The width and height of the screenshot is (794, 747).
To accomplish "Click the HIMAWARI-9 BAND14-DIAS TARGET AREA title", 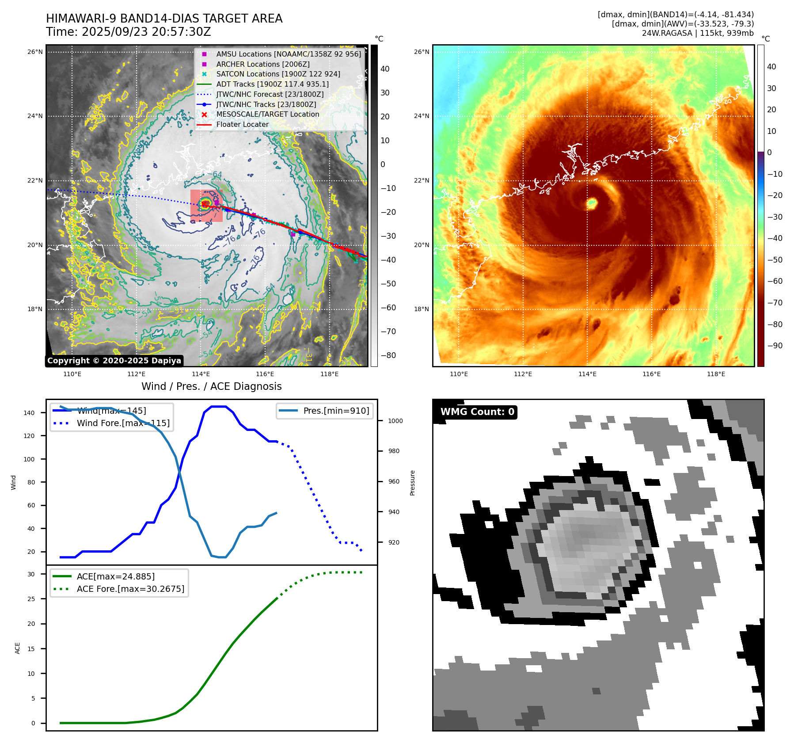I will (164, 19).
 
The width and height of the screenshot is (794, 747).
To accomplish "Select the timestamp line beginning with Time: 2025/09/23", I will (128, 32).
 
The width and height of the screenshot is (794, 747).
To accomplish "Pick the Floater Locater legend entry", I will (242, 125).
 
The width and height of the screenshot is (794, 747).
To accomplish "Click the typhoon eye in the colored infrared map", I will (592, 203).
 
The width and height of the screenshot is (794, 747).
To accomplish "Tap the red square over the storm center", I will (206, 206).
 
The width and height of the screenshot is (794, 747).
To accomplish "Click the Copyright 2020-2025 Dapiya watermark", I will (114, 361).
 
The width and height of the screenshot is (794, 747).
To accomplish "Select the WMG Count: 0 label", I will (477, 412).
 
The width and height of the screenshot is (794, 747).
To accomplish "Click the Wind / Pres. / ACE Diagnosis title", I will (211, 386).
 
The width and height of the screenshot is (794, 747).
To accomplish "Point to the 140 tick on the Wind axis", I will (29, 413).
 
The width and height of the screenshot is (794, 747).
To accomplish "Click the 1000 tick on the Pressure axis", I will (395, 421).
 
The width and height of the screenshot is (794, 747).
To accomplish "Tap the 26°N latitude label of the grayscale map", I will (35, 52).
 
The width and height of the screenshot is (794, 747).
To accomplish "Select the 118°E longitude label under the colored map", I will (716, 374).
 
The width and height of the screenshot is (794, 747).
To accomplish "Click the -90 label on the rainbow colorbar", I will (775, 346).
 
